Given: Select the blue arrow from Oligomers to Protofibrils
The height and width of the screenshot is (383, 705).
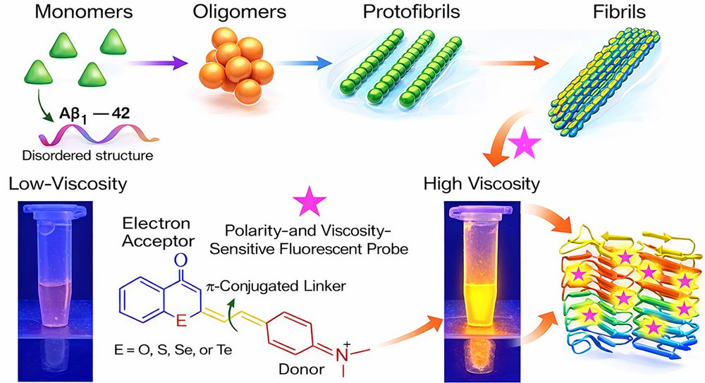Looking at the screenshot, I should [305, 64].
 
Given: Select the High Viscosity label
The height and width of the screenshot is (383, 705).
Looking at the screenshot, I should [482, 185].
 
